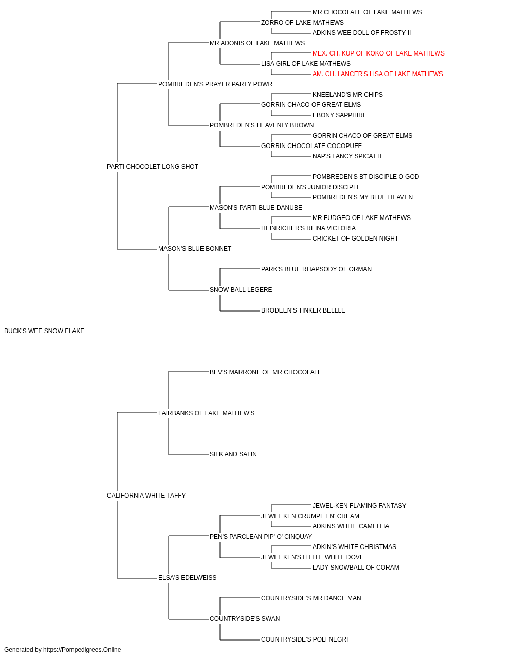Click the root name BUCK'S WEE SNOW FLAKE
click(44, 331)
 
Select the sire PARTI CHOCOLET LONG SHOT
click(153, 167)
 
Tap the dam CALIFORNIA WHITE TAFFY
click(146, 496)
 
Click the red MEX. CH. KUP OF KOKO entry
click(378, 53)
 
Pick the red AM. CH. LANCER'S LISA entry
click(377, 74)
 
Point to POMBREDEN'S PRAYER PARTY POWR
click(215, 84)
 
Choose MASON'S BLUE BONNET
click(195, 249)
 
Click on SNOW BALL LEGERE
click(241, 290)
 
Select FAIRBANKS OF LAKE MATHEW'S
click(207, 413)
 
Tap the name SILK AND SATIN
click(233, 454)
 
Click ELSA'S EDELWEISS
click(188, 578)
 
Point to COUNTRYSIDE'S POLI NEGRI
click(304, 639)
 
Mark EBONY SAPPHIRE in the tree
click(339, 115)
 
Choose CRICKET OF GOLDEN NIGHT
click(355, 239)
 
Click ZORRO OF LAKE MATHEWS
click(302, 23)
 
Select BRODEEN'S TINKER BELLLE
click(303, 310)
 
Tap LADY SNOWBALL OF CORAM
click(356, 568)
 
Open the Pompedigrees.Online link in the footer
click(82, 650)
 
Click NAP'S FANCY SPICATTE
click(348, 156)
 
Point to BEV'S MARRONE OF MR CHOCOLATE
click(265, 372)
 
